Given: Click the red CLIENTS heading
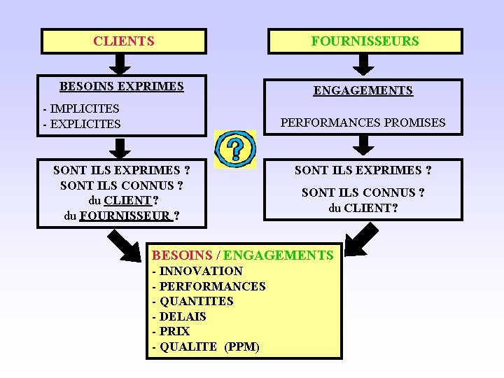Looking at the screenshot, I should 124,41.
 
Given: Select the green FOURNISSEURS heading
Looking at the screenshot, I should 365,41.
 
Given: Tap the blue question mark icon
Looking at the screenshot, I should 235,149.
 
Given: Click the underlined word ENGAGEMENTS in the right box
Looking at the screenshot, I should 363,91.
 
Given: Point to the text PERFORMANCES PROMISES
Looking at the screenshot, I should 363,122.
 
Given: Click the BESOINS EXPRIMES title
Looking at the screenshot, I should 122,87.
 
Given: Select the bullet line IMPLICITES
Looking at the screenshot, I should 81,108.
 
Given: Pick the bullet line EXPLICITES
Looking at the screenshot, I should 82,124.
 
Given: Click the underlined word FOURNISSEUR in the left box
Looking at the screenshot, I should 125,216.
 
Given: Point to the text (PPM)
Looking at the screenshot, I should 241,347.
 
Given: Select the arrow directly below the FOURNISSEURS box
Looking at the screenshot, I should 363,64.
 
